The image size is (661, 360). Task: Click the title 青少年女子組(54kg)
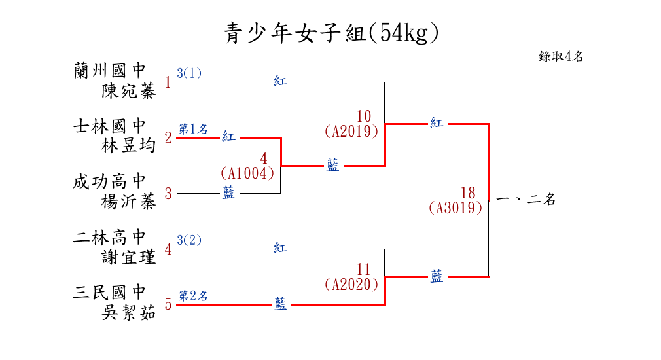[330, 33]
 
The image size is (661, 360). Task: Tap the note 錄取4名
[561, 56]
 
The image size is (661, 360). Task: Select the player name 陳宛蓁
[129, 91]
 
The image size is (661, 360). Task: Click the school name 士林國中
[109, 126]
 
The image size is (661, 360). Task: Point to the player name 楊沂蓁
[129, 202]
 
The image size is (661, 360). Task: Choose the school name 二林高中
[109, 237]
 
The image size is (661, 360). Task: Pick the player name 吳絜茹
[129, 314]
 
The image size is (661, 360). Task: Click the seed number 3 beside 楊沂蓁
[168, 194]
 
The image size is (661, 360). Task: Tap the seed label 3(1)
[189, 73]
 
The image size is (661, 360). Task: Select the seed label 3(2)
[189, 240]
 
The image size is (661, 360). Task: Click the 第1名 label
[193, 129]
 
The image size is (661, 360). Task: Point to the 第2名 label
[193, 296]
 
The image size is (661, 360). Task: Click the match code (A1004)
[247, 173]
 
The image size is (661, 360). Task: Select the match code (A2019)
[351, 131]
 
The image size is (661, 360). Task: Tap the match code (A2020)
[351, 285]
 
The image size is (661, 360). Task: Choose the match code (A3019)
[456, 208]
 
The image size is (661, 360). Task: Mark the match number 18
[467, 193]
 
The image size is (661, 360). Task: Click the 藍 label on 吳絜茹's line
[280, 304]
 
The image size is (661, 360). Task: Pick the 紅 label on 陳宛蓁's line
[280, 82]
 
